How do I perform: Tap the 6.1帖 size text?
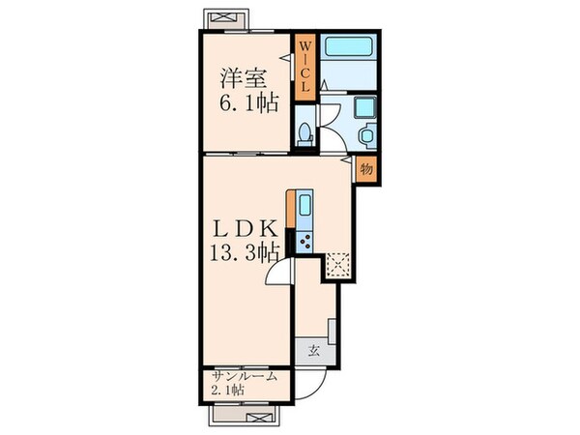(x=243, y=101)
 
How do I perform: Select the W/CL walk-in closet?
(x=304, y=67)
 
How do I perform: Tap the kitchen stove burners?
(x=305, y=239)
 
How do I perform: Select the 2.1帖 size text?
(x=229, y=390)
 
